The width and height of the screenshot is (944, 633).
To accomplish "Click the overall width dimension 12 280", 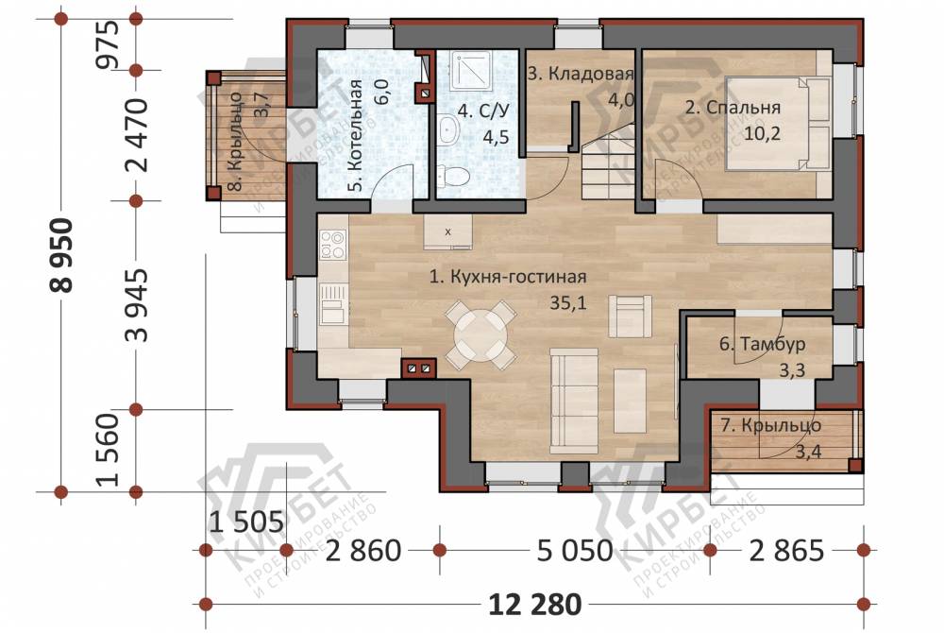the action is (x=534, y=604).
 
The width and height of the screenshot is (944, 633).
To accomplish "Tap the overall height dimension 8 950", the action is (x=61, y=255).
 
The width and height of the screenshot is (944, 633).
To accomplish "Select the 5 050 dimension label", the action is (x=574, y=551).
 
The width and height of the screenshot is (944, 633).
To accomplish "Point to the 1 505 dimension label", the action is (x=246, y=522).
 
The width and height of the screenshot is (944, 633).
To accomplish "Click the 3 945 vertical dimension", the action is (x=138, y=305).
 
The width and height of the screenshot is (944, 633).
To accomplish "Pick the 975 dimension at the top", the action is (x=110, y=44).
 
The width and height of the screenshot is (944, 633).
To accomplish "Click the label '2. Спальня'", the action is (x=733, y=107).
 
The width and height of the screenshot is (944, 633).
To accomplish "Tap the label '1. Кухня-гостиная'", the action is (x=508, y=277).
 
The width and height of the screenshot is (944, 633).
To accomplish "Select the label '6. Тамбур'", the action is (x=762, y=344).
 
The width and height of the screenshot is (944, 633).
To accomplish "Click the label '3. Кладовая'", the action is (x=581, y=74).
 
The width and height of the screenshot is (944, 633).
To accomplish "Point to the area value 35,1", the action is (x=567, y=303).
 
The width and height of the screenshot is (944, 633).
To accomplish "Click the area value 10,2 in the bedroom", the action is (x=762, y=132).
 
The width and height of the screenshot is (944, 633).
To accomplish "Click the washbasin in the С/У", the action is (x=447, y=128).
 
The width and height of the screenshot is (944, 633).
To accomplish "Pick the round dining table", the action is (x=480, y=334).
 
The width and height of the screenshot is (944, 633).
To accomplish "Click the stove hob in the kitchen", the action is (x=333, y=246).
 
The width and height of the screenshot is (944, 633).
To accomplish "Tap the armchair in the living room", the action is (x=630, y=316).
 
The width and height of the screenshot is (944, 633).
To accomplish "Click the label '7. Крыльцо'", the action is (x=770, y=425).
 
